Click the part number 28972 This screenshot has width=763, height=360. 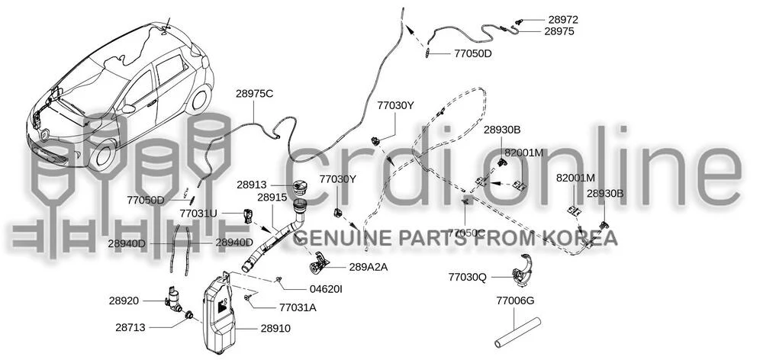564,20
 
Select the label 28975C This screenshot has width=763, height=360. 255,94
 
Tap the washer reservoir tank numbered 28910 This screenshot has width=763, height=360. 220,313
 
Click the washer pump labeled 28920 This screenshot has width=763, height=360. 172,297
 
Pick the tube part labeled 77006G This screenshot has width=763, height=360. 517,333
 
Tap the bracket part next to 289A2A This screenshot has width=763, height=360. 319,264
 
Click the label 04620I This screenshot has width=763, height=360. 326,289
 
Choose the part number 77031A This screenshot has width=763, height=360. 298,307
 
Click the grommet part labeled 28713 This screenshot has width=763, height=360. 189,316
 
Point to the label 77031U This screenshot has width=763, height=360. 198,213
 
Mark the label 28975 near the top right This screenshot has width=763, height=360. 559,31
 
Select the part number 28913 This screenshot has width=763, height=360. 252,185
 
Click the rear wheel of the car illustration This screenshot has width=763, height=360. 199,98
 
